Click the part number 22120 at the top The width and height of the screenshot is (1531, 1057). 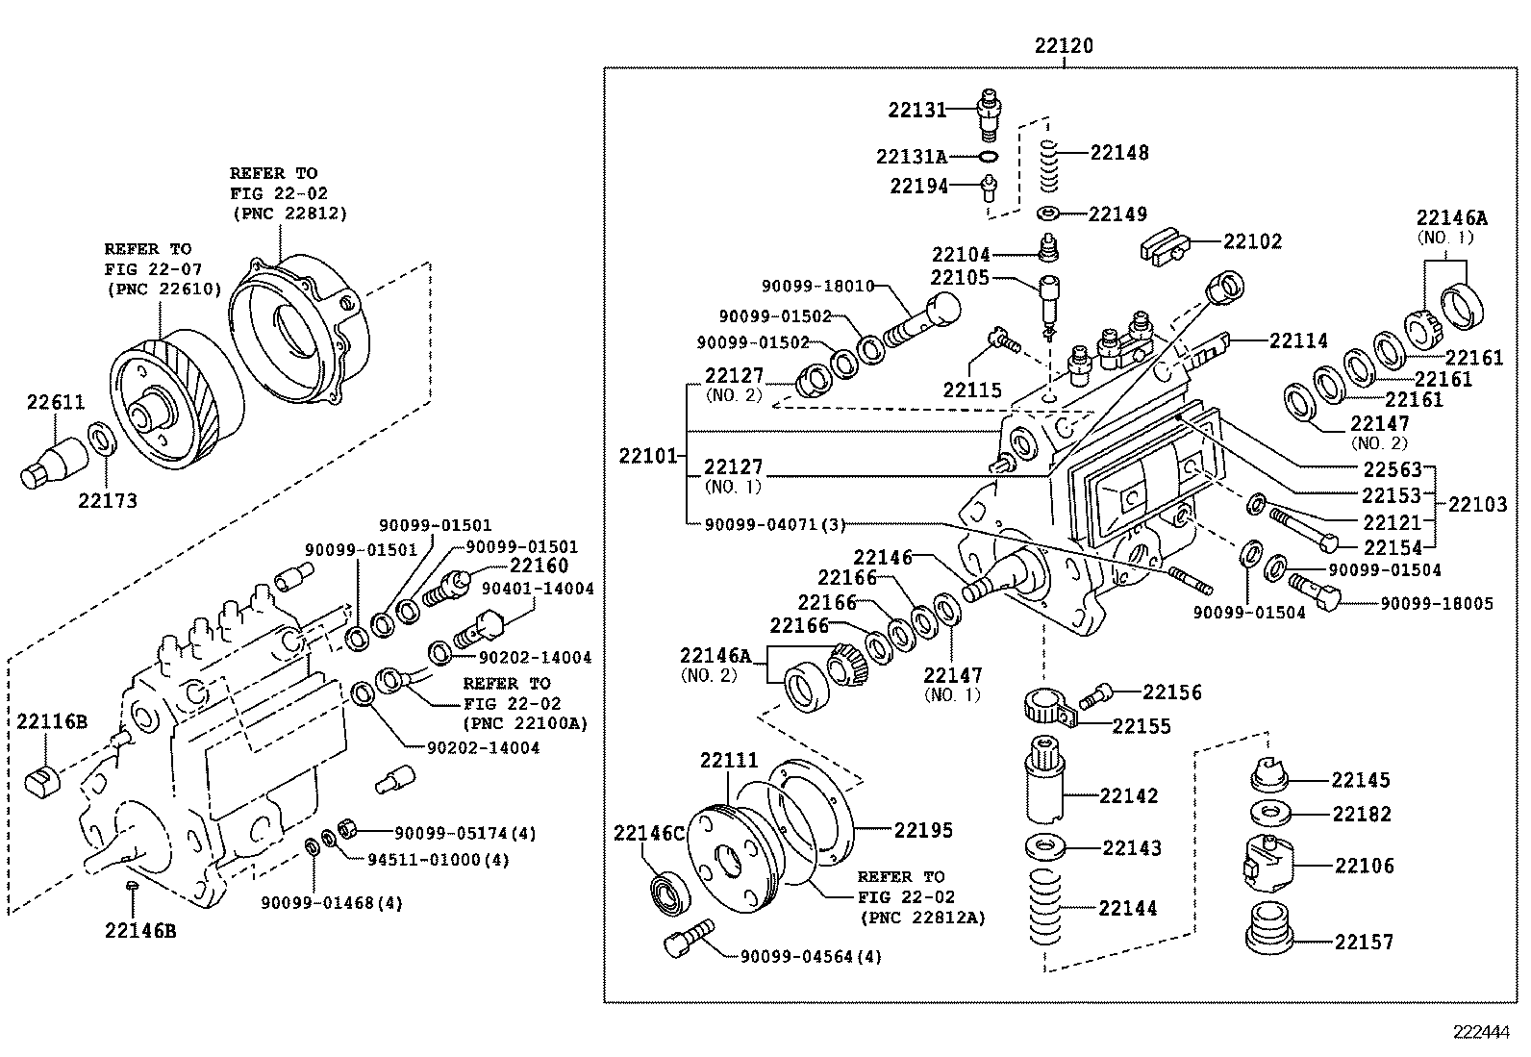click(x=1064, y=45)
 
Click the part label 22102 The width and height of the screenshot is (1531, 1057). click(x=1252, y=241)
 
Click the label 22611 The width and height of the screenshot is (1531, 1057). click(x=55, y=403)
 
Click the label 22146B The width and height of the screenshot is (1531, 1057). click(x=140, y=930)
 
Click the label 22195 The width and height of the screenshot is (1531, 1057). click(x=923, y=829)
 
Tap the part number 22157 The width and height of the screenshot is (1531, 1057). click(x=1363, y=942)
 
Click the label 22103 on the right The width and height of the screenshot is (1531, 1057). click(x=1478, y=503)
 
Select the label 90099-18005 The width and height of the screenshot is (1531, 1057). click(x=1437, y=603)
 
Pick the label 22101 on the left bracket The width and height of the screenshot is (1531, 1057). click(x=649, y=455)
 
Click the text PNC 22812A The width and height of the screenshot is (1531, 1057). click(x=923, y=918)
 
